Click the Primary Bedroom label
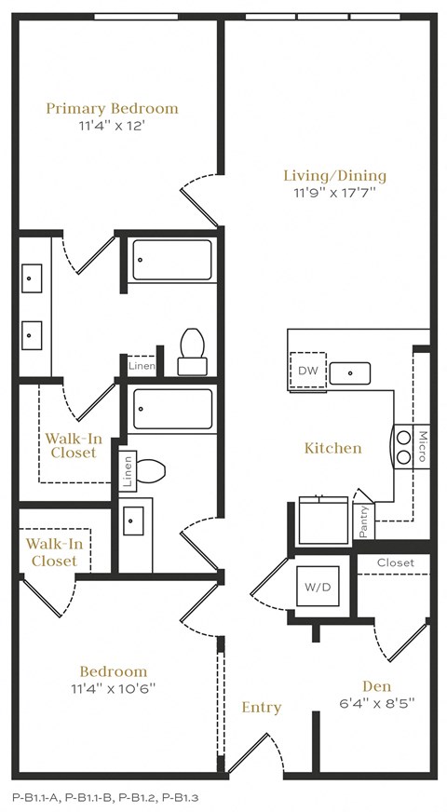tap(112, 108)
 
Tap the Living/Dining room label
tap(334, 175)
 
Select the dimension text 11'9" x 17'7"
tap(334, 194)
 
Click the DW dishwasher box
tap(307, 371)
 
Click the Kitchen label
tap(332, 448)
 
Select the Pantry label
tap(363, 521)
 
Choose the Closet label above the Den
tap(395, 562)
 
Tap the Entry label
tap(261, 708)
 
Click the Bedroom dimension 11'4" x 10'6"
tap(113, 689)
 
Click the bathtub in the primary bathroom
tap(172, 260)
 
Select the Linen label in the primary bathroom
tap(142, 366)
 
